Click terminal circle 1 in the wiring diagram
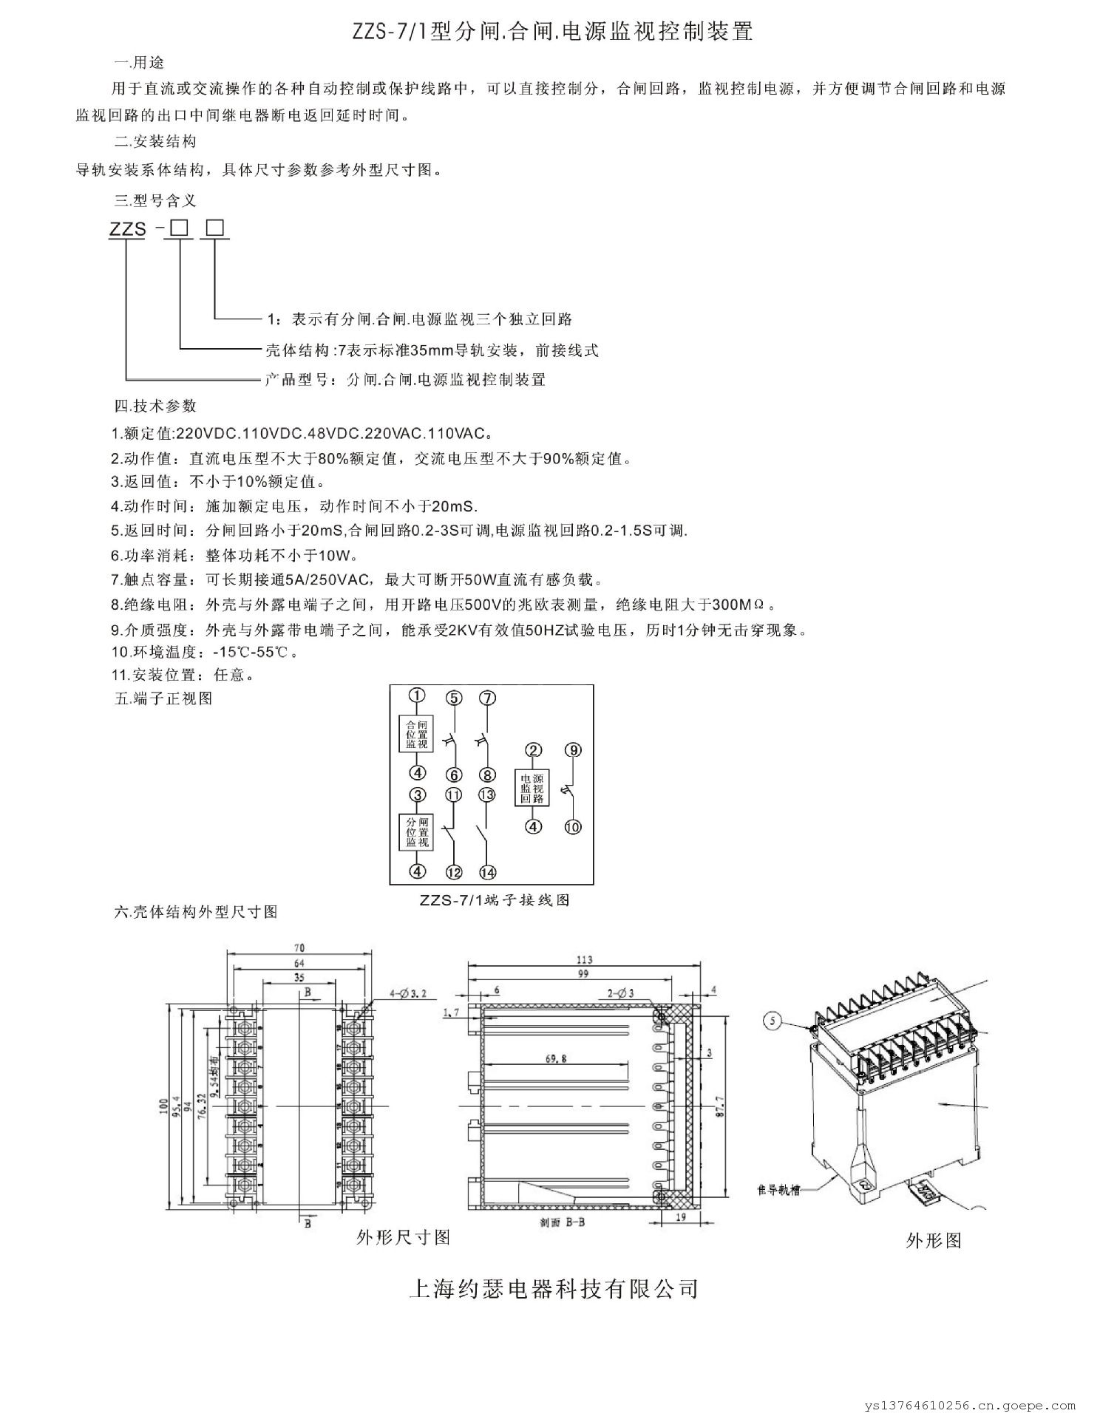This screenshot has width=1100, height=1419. pos(418,695)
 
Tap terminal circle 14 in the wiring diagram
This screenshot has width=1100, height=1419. pos(487,873)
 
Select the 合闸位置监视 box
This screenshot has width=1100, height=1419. pos(417,734)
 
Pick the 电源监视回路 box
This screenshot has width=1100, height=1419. pos(532,788)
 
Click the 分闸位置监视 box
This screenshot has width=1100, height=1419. pos(418,833)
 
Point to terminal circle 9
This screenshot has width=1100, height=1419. pos(573,750)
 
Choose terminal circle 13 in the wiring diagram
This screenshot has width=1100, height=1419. pos(486,795)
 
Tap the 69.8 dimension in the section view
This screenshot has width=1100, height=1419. pos(556,1058)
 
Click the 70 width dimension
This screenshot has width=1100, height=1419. pos(299,947)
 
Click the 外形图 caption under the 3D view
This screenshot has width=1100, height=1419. pos(934,1241)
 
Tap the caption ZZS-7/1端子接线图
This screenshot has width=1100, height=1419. pos(494,900)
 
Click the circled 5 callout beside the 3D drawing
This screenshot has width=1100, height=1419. pos(773,1021)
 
